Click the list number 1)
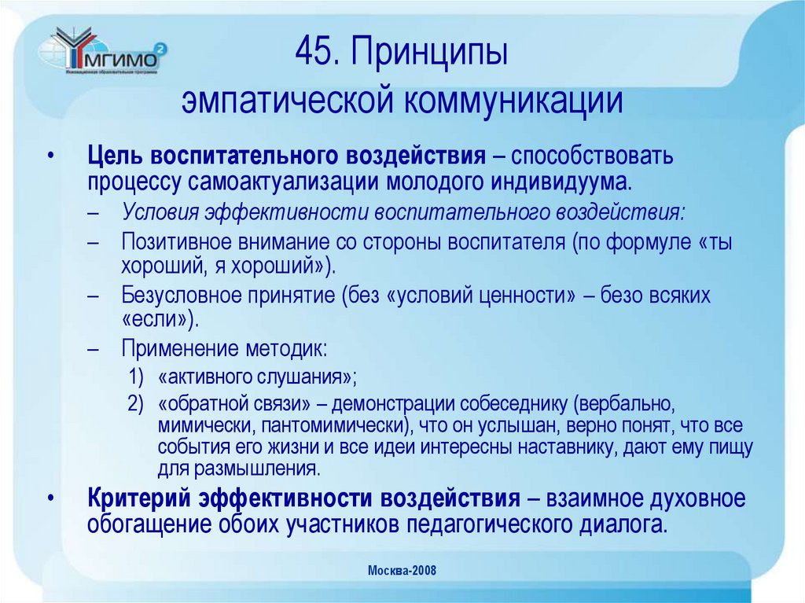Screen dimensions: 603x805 (x=136, y=376)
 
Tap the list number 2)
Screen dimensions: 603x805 (x=136, y=404)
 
